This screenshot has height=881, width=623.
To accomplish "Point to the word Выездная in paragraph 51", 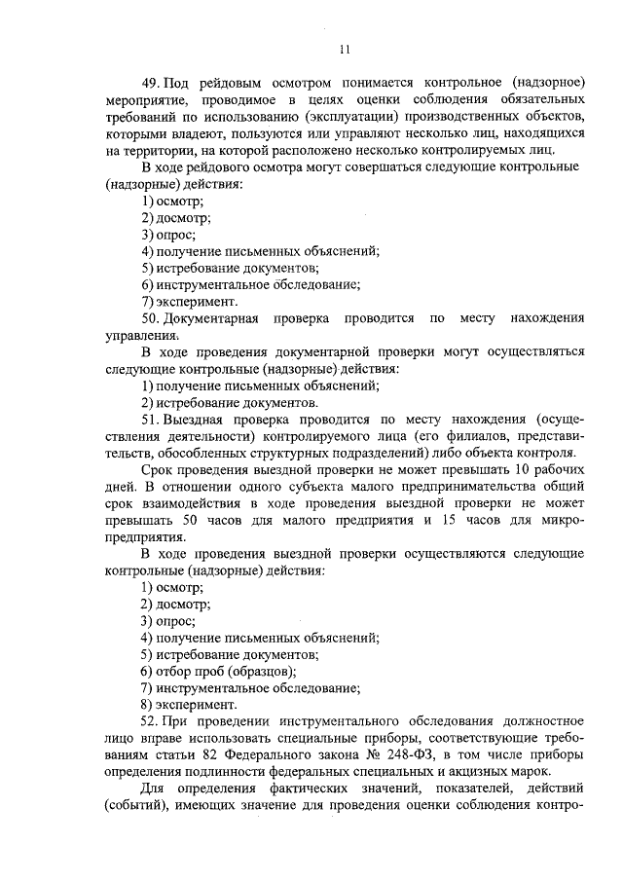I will [x=202, y=419].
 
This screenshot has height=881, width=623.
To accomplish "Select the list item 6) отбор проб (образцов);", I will [x=218, y=671].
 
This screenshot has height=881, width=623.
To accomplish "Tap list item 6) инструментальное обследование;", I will [x=250, y=284].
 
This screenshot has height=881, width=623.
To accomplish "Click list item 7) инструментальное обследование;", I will [x=250, y=687].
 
